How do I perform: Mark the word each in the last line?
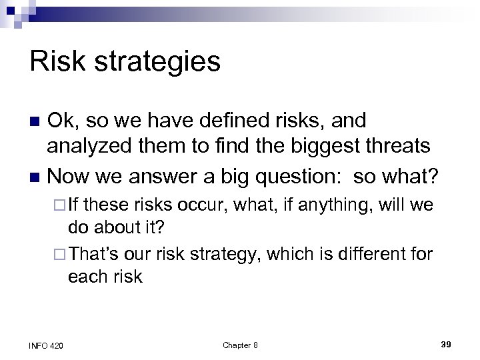[85, 277]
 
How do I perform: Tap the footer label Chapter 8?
[240, 344]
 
